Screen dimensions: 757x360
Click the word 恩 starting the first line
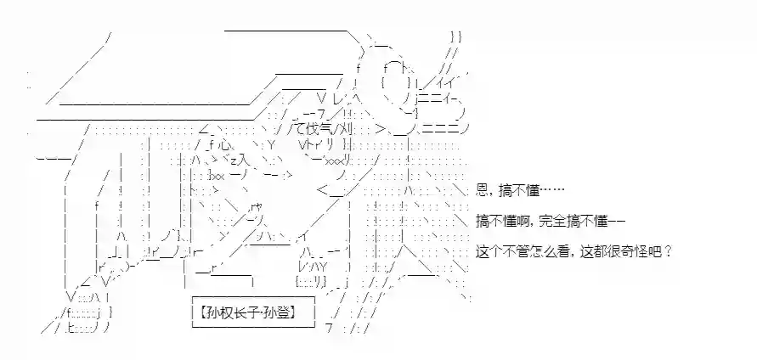click(482, 191)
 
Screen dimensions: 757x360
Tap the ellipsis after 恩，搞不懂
click(551, 191)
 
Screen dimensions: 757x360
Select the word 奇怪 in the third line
click(635, 252)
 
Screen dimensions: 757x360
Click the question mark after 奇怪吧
click(668, 252)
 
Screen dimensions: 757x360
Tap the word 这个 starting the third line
click(488, 252)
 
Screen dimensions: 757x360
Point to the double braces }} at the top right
click(456, 37)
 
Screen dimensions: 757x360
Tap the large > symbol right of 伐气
click(381, 129)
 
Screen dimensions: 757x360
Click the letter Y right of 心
click(270, 144)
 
